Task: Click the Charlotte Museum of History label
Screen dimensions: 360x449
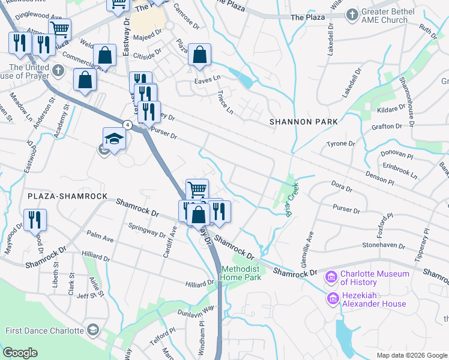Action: [x=375, y=278]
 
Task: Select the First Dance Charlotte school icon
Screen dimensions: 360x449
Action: [x=93, y=330]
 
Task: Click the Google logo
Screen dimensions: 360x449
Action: [x=20, y=353]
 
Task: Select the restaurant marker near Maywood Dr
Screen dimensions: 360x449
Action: [x=35, y=220]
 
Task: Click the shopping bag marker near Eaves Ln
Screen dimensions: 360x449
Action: [x=199, y=55]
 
